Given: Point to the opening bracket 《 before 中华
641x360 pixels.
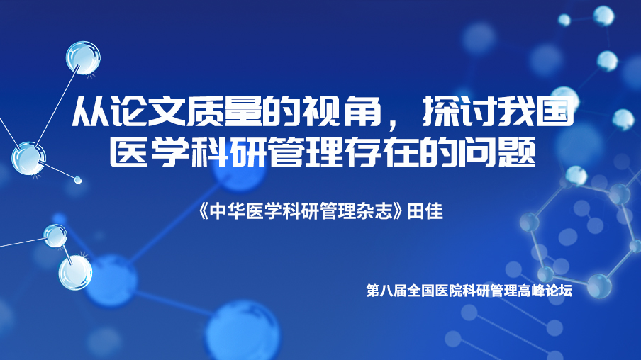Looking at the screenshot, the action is coord(204,212).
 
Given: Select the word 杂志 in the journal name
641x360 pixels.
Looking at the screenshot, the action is coord(374,212).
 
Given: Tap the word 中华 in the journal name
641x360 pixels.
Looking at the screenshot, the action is coord(228,212).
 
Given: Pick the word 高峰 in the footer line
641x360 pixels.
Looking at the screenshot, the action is coord(531,291).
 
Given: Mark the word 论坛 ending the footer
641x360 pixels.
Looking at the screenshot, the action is coord(559,291).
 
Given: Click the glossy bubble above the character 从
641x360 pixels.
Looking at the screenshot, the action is coord(83,57).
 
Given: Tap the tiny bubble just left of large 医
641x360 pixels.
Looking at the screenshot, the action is coord(78,179).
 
